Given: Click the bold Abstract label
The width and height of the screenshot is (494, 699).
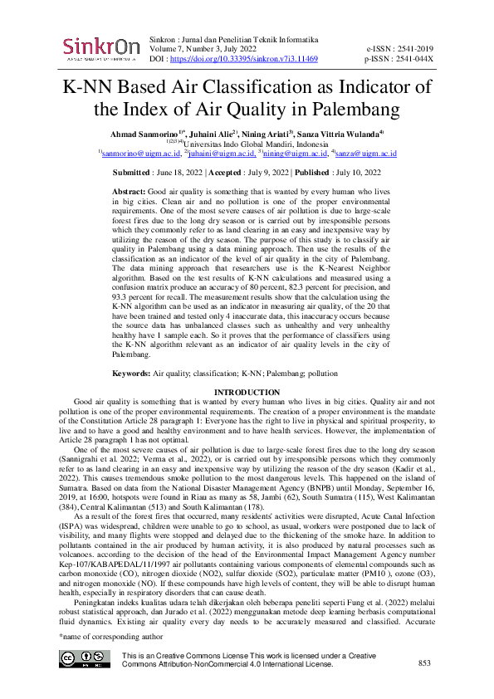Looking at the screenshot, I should pos(128,192).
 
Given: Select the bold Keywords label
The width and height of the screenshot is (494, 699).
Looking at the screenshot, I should pos(131,374).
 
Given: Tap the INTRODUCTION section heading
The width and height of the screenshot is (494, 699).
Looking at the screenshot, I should pos(247,392).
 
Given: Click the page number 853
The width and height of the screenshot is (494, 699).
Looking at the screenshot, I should pos(425,662).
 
